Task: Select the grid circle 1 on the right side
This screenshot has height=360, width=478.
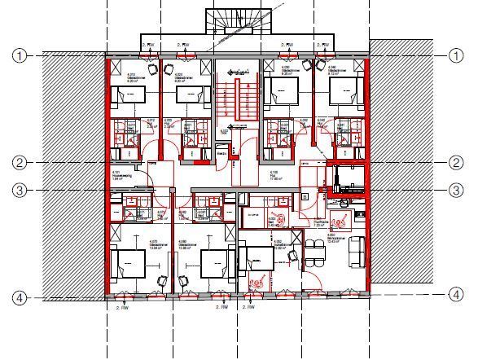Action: click(455, 55)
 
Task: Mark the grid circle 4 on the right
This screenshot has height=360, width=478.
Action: click(455, 293)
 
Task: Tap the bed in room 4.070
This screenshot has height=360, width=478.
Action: click(129, 264)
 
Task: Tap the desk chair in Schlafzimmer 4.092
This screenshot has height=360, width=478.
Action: click(287, 254)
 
